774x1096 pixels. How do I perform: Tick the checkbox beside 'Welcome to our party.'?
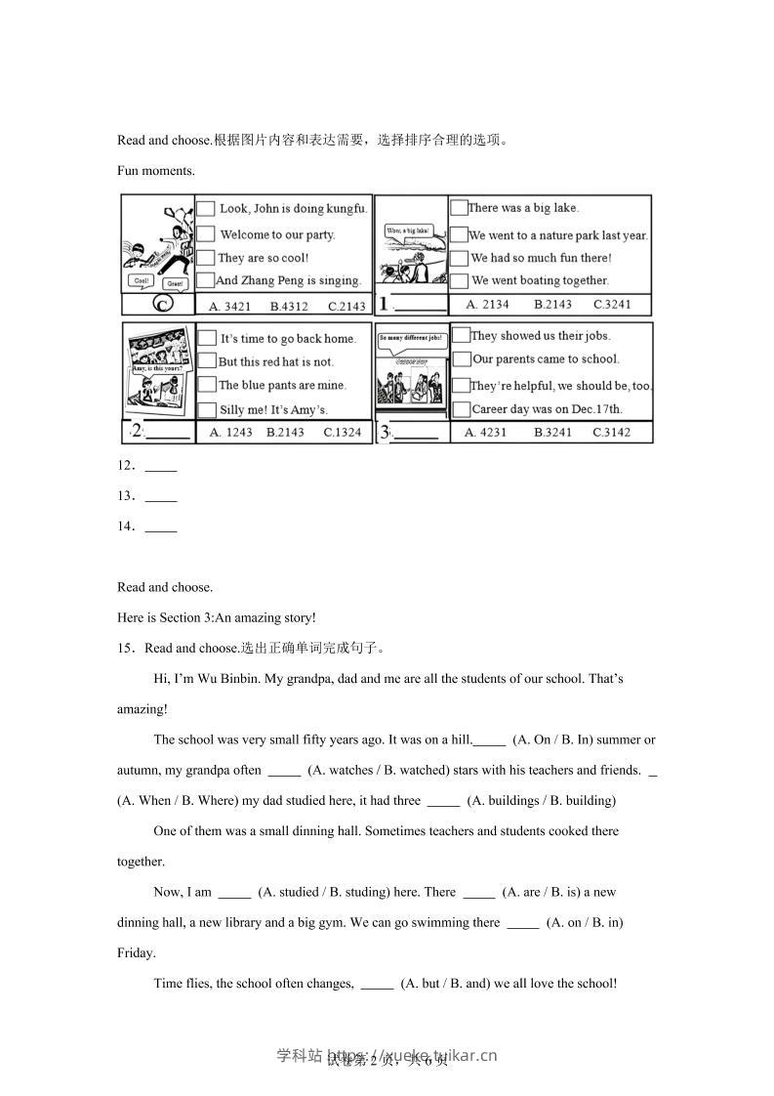coord(206,233)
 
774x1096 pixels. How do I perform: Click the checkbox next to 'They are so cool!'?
coord(205,257)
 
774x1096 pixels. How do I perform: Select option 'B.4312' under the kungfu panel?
coord(289,306)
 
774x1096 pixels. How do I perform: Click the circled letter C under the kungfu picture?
coord(162,305)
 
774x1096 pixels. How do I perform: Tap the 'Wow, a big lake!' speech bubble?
coord(408,231)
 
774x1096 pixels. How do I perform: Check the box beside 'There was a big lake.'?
coord(458,207)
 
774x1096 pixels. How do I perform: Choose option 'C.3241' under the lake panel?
coord(612,304)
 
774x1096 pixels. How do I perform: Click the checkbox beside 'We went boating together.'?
coord(459,280)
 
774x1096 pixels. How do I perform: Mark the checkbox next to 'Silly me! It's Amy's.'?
coord(206,409)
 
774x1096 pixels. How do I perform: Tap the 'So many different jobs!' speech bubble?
coord(411,340)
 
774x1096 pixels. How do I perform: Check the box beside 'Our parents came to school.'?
coord(460,358)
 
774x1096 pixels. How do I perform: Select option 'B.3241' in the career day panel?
coord(552,432)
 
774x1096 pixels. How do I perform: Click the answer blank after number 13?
coord(160,496)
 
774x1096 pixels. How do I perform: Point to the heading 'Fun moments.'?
coord(156,170)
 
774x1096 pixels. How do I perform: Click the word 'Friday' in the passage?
coord(135,952)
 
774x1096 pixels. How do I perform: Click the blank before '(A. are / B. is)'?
coord(478,893)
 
